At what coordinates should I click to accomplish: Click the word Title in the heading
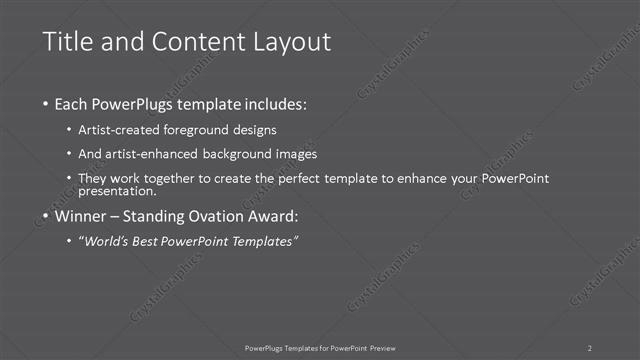68,42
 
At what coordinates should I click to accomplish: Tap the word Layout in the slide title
286,42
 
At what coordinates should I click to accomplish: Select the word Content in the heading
190,42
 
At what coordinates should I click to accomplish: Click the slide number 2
590,347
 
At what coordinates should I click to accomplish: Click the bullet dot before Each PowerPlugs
48,104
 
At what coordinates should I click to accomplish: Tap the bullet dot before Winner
48,216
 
